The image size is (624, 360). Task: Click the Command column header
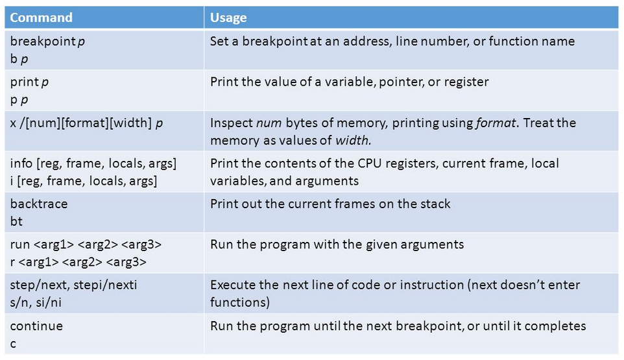(41, 18)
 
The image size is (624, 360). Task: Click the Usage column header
(228, 18)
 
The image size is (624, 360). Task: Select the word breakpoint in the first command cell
(43, 42)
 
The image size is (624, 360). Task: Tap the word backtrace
(39, 204)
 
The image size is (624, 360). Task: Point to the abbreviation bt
(16, 221)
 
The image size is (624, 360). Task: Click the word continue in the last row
(36, 326)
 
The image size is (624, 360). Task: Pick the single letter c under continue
(13, 344)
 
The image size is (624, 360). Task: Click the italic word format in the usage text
(496, 123)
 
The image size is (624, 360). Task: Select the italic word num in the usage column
(269, 123)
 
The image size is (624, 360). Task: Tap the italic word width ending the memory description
(353, 140)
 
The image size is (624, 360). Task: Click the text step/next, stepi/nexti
(74, 285)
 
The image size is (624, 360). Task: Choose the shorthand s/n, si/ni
(36, 303)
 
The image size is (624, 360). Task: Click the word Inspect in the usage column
(231, 123)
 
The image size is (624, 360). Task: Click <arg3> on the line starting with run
(141, 245)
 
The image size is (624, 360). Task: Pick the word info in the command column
(21, 163)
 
